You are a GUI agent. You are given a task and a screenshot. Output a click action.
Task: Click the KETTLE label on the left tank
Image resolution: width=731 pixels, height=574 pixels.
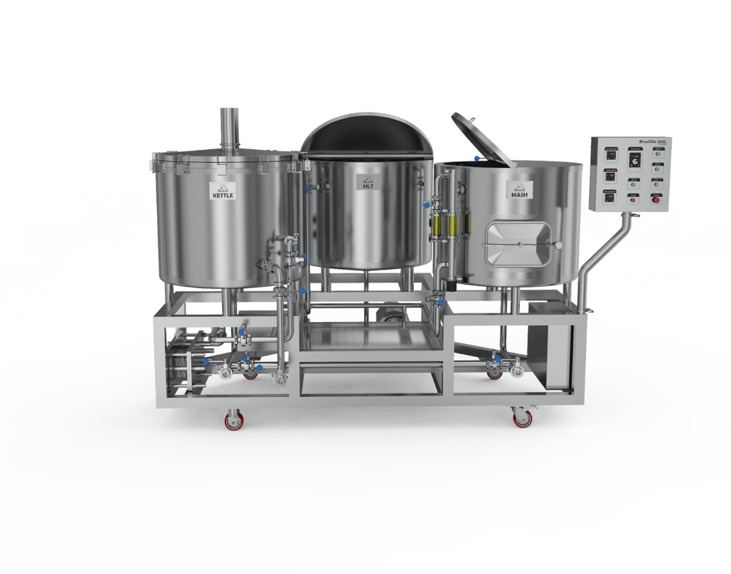(x=222, y=192)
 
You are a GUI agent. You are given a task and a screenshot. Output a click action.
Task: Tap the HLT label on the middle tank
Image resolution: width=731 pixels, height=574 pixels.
(x=366, y=183)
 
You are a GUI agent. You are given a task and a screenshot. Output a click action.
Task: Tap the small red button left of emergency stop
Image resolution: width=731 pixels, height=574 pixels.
(x=633, y=200)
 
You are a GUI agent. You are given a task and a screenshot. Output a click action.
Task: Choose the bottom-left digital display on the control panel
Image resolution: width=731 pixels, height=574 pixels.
(x=611, y=198)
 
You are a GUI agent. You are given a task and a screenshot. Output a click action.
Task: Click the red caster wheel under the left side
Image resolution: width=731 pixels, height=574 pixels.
(x=233, y=421)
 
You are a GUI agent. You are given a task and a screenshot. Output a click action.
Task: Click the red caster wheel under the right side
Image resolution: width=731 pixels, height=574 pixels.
(x=523, y=419)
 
